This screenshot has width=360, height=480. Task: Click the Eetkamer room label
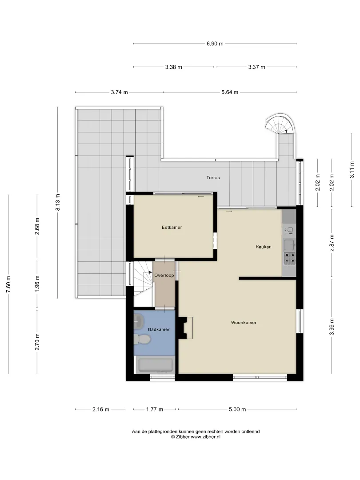pos(172,228)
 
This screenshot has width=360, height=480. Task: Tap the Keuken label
pos(264,247)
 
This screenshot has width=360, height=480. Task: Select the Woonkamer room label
pos(244,323)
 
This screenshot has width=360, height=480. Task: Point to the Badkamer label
pos(159,330)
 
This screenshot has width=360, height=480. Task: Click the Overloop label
pos(164,276)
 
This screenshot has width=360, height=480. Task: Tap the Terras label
pos(213,177)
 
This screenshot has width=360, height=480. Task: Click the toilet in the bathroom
pos(142,339)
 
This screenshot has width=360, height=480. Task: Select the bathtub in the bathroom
pos(155,365)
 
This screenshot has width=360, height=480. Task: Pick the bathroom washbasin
pos(139,322)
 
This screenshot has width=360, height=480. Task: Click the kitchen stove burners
pos(289,259)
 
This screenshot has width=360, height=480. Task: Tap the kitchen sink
pos(289,244)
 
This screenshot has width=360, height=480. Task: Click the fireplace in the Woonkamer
pos(185,328)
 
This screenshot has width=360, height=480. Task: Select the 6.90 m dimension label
pos(215,44)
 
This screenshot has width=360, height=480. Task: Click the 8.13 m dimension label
pos(57,202)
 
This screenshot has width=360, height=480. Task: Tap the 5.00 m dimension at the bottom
pos(237,409)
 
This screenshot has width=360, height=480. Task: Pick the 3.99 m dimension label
pos(332,327)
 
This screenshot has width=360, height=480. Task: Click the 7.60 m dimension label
pos(8,284)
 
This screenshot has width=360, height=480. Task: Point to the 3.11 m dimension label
pos(352,169)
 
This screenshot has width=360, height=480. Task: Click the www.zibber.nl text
pos(205,437)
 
